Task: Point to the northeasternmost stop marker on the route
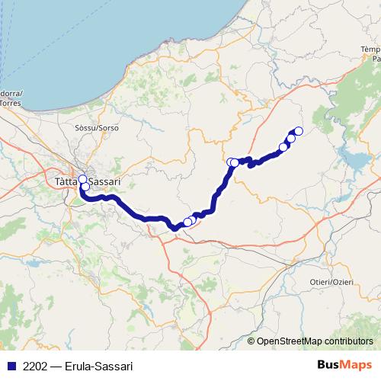pyautogui.click(x=298, y=131)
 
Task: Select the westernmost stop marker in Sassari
pyautogui.click(x=82, y=180)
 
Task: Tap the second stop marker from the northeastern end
pyautogui.click(x=291, y=139)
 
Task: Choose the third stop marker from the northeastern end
pyautogui.click(x=283, y=147)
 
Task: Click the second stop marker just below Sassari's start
pyautogui.click(x=85, y=187)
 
